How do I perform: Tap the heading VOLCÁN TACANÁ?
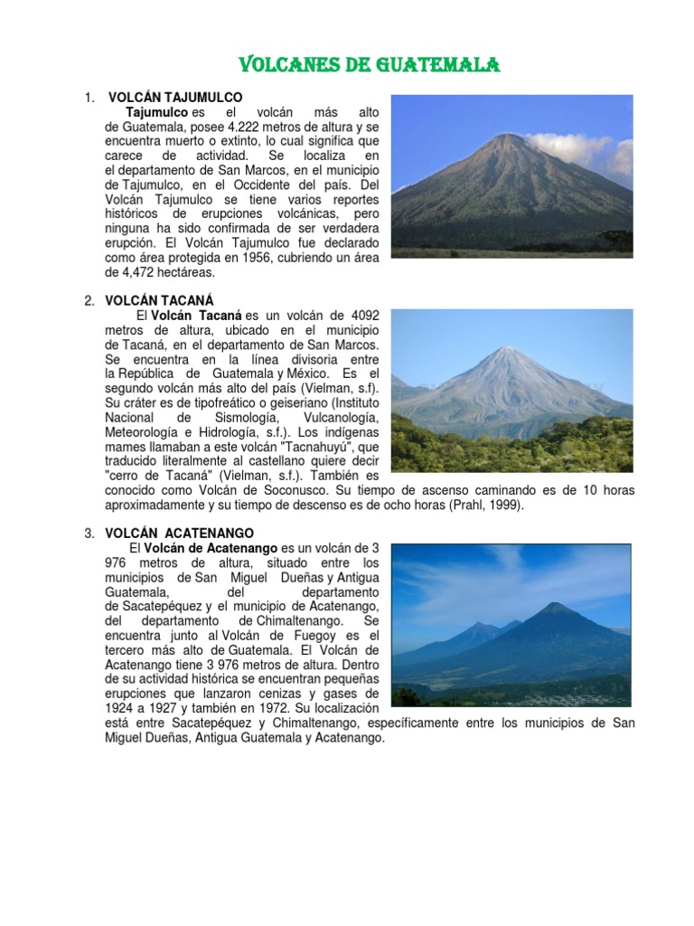pos(159,300)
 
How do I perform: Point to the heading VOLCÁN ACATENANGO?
pos(180,534)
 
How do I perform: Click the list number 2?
pos(89,300)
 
